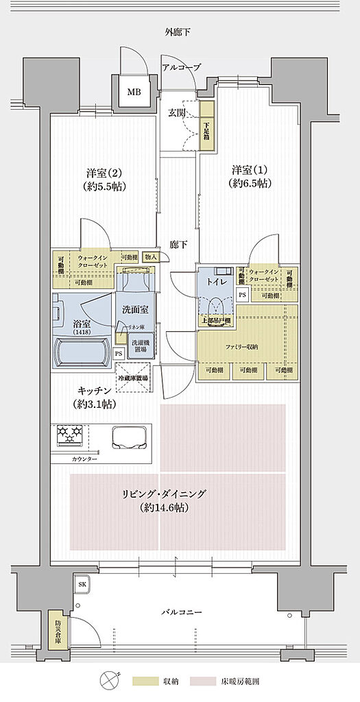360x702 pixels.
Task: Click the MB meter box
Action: (133, 93)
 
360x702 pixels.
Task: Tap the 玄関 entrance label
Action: (177, 112)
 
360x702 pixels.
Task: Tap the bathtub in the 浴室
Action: (80, 354)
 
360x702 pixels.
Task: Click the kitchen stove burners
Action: (69, 435)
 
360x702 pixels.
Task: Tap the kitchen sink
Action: (131, 436)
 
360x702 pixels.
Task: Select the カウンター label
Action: (84, 459)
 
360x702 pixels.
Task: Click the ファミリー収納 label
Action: (242, 347)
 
